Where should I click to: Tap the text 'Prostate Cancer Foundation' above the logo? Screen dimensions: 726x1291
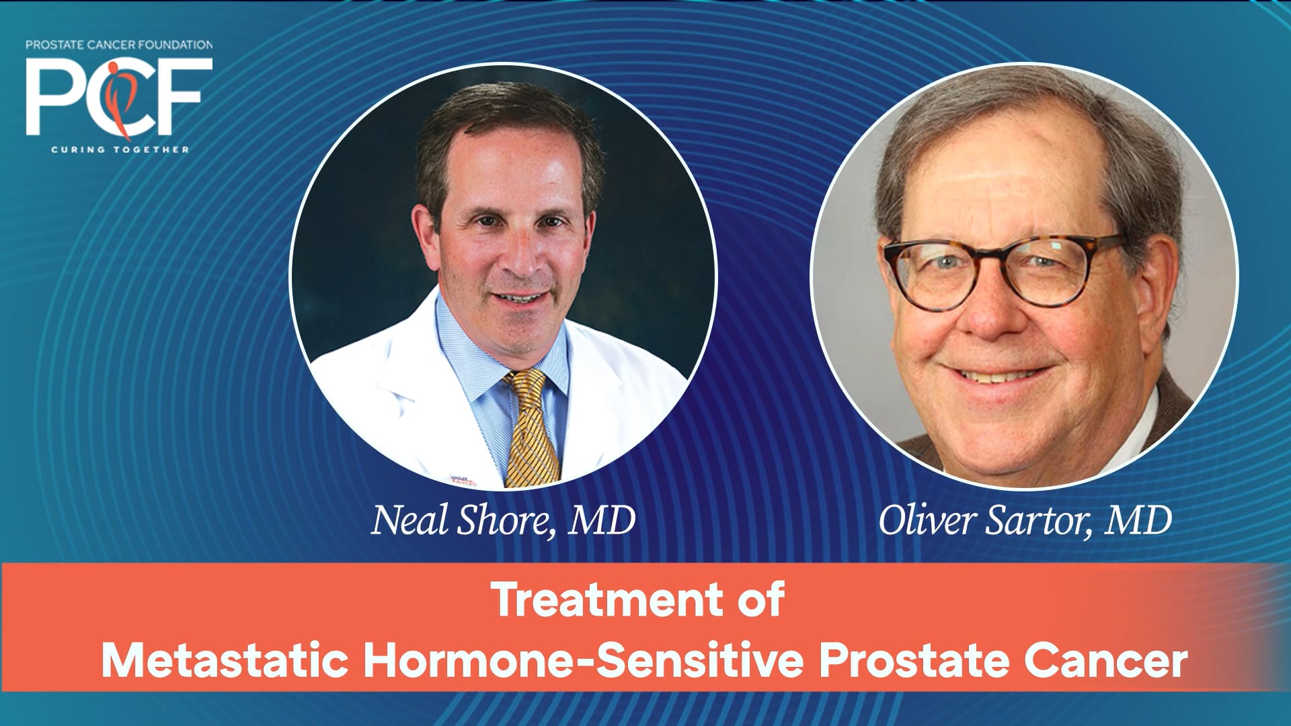tap(119, 45)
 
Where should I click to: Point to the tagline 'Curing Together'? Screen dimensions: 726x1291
tap(120, 149)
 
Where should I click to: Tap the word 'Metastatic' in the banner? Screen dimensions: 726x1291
tap(225, 661)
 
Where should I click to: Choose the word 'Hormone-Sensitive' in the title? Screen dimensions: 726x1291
tap(584, 661)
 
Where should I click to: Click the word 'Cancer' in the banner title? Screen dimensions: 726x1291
tap(1106, 661)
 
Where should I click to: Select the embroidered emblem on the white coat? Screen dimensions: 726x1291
tap(463, 480)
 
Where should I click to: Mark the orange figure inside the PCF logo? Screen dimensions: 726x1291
tap(121, 97)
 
